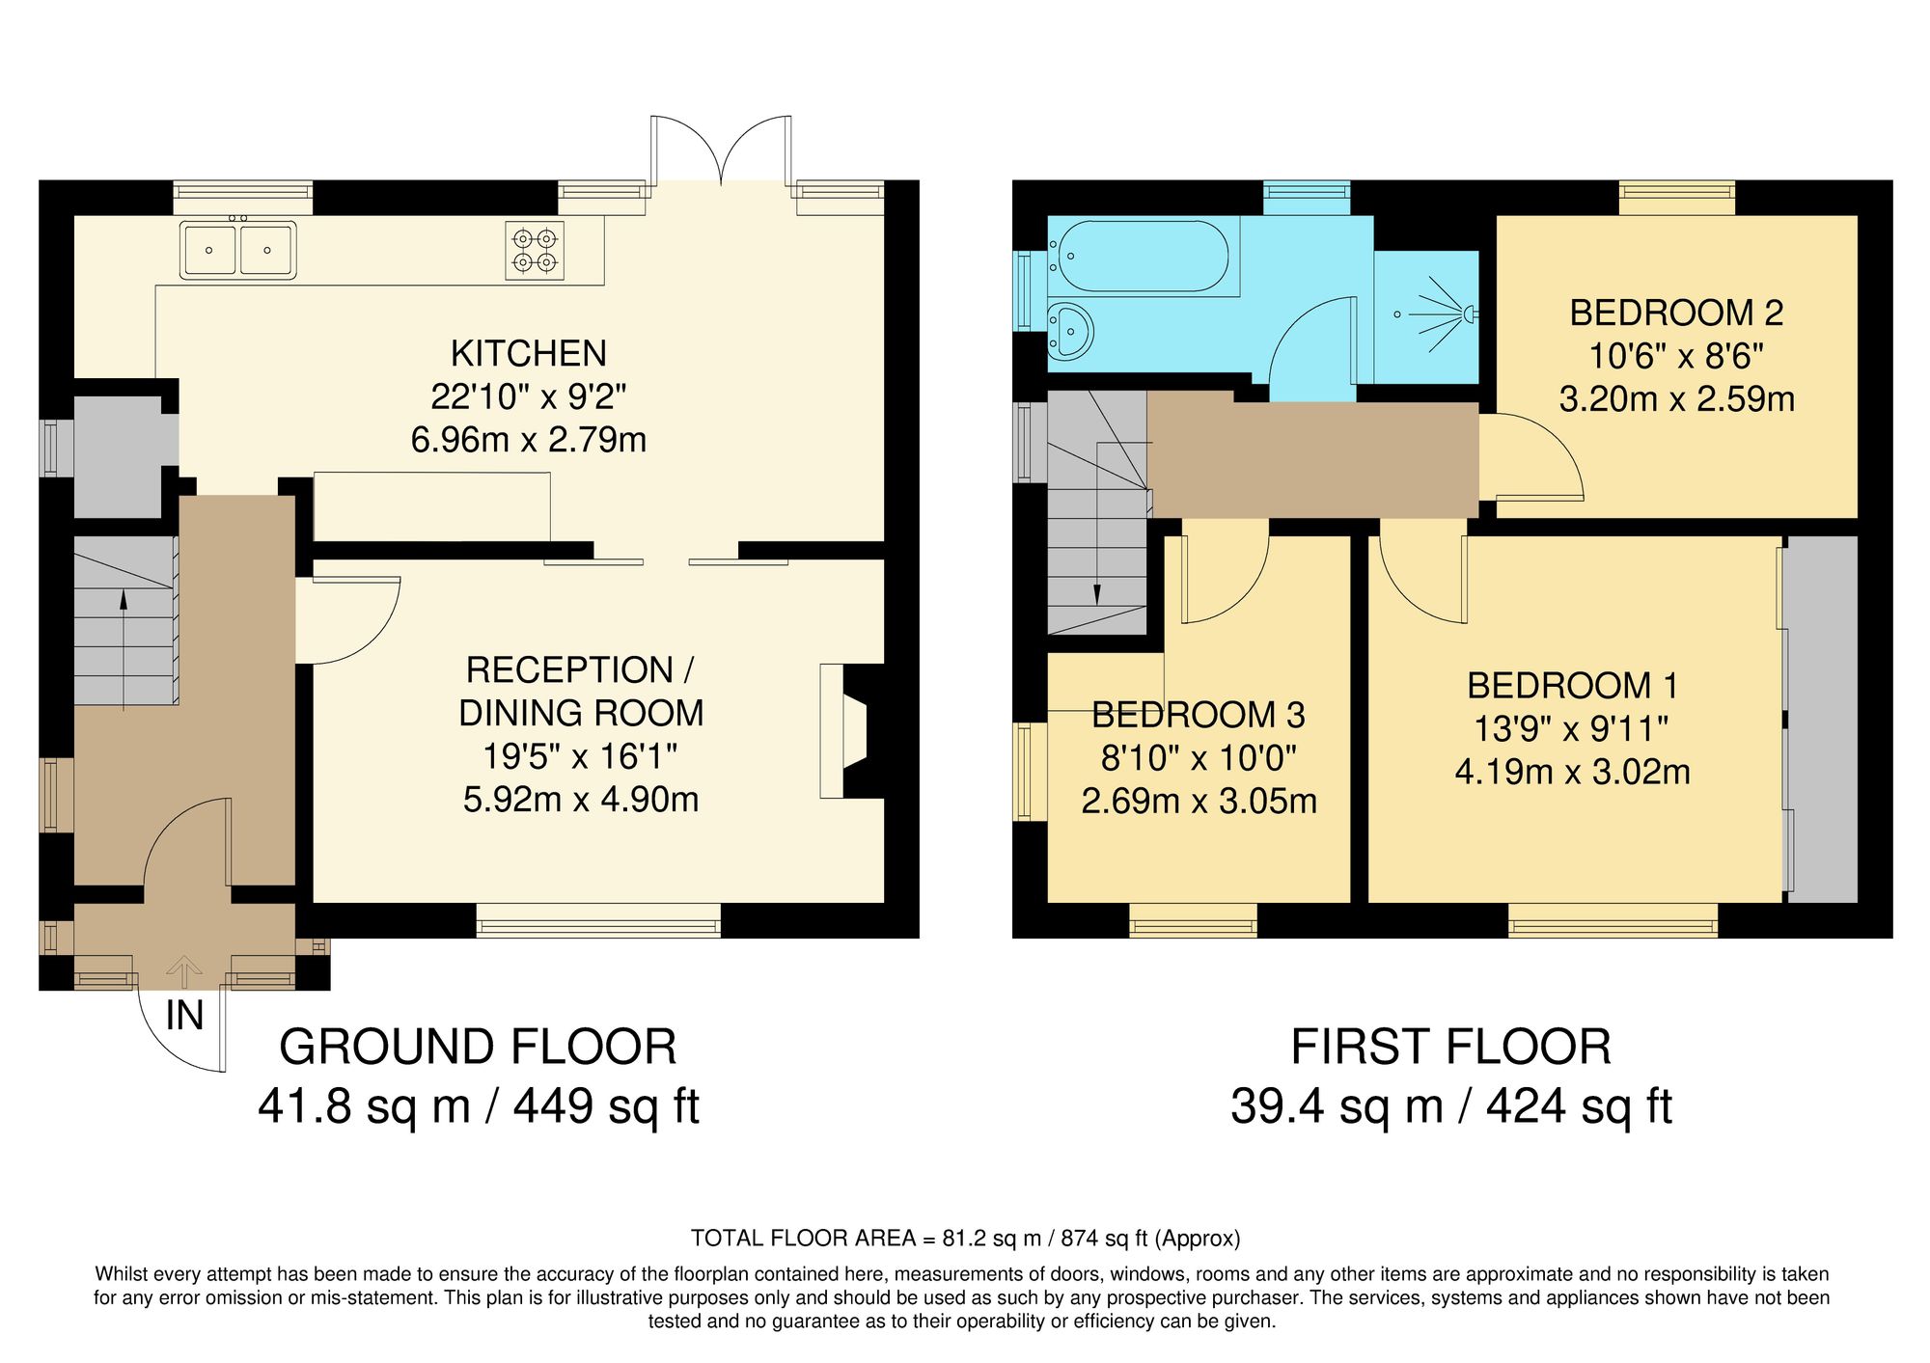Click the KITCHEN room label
(528, 354)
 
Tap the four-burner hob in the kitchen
(535, 251)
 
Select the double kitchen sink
(237, 250)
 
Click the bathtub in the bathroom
(1143, 257)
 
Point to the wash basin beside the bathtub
(1069, 331)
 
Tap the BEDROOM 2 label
(1676, 313)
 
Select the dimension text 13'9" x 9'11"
(1571, 729)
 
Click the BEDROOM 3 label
(1198, 716)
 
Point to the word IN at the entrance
(184, 1016)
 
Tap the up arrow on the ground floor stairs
(124, 600)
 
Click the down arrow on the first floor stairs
(1097, 593)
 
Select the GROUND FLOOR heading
(478, 1048)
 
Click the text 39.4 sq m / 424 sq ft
(1450, 1106)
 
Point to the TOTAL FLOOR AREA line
(965, 1239)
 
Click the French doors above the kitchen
(721, 150)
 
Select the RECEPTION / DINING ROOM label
(580, 692)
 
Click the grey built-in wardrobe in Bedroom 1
(1822, 719)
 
